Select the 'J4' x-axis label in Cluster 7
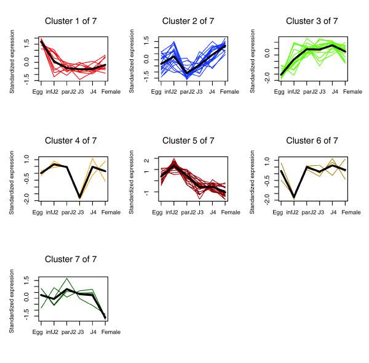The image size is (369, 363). point(93,332)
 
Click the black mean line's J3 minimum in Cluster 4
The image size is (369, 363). point(80,197)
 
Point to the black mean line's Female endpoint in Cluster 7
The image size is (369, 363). point(105,317)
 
